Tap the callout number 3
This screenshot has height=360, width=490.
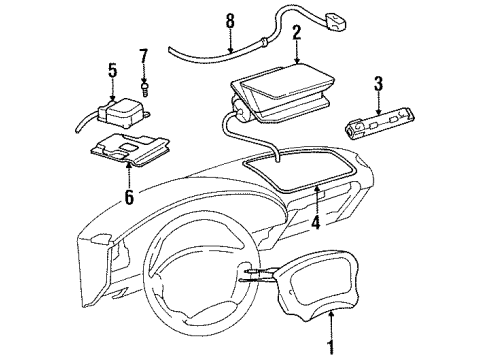click(x=379, y=82)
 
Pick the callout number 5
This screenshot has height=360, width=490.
click(x=113, y=70)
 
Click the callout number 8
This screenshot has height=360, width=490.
click(x=230, y=19)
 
